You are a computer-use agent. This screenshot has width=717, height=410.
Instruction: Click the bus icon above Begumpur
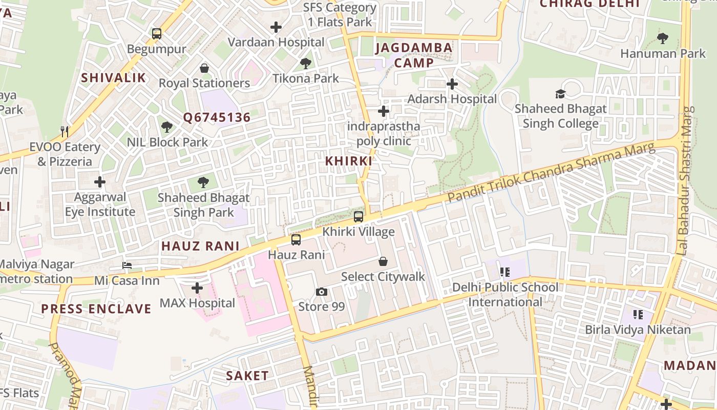[157, 34]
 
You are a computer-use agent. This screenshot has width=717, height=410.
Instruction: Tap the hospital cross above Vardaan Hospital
[276, 27]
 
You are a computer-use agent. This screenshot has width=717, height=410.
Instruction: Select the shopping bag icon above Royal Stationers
[204, 68]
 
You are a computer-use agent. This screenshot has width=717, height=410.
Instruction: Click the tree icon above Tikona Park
[306, 64]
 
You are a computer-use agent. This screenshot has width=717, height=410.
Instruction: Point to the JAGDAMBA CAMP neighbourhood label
[414, 55]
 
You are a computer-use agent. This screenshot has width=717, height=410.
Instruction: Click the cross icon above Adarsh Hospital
[452, 84]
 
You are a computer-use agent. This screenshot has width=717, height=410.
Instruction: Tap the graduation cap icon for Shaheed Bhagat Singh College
[561, 94]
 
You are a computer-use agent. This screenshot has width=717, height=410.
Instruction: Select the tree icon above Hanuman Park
[663, 38]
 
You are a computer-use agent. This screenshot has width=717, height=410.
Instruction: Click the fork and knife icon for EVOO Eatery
[65, 132]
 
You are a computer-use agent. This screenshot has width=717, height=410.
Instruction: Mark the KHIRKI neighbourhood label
[349, 161]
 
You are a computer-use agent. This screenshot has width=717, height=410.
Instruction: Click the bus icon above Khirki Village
[358, 217]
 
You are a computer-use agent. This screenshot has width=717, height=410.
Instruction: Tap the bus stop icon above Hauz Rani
[296, 240]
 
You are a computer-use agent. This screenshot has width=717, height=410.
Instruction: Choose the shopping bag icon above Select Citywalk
[383, 262]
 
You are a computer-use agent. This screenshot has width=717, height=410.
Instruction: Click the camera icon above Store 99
[322, 292]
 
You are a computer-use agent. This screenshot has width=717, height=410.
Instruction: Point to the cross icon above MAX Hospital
[197, 288]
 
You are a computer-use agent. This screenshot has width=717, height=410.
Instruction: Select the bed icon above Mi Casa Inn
[127, 265]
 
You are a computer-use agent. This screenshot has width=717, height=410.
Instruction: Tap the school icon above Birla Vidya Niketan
[638, 314]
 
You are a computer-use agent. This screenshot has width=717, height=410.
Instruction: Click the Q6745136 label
[217, 118]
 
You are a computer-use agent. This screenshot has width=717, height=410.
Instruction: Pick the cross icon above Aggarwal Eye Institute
[100, 182]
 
